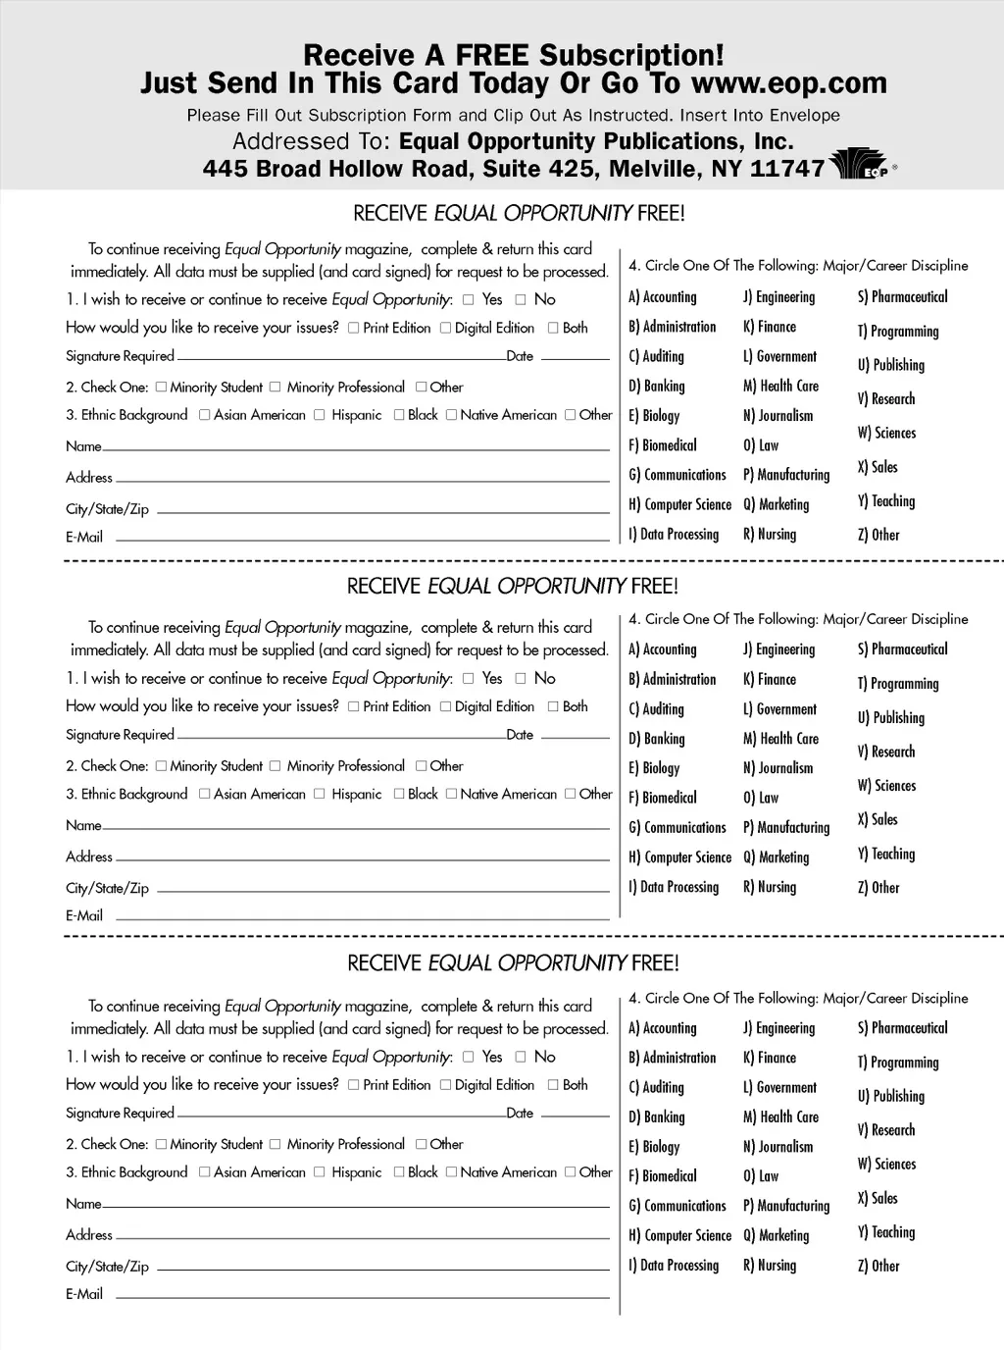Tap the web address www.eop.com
(x=788, y=82)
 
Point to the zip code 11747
(x=786, y=169)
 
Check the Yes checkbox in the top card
(x=468, y=299)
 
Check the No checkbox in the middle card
(x=521, y=678)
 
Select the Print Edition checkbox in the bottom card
(x=353, y=1084)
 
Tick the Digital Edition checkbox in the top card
(x=445, y=328)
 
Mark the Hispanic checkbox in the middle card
(x=320, y=794)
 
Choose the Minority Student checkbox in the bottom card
(x=161, y=1144)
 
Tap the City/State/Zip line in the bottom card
(x=382, y=1269)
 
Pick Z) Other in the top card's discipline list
(x=878, y=535)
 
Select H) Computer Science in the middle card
(x=680, y=857)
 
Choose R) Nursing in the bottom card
(x=770, y=1266)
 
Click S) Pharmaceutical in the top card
(x=902, y=296)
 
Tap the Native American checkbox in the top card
(x=451, y=415)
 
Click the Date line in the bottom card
(x=575, y=1116)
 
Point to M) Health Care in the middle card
(x=780, y=739)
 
